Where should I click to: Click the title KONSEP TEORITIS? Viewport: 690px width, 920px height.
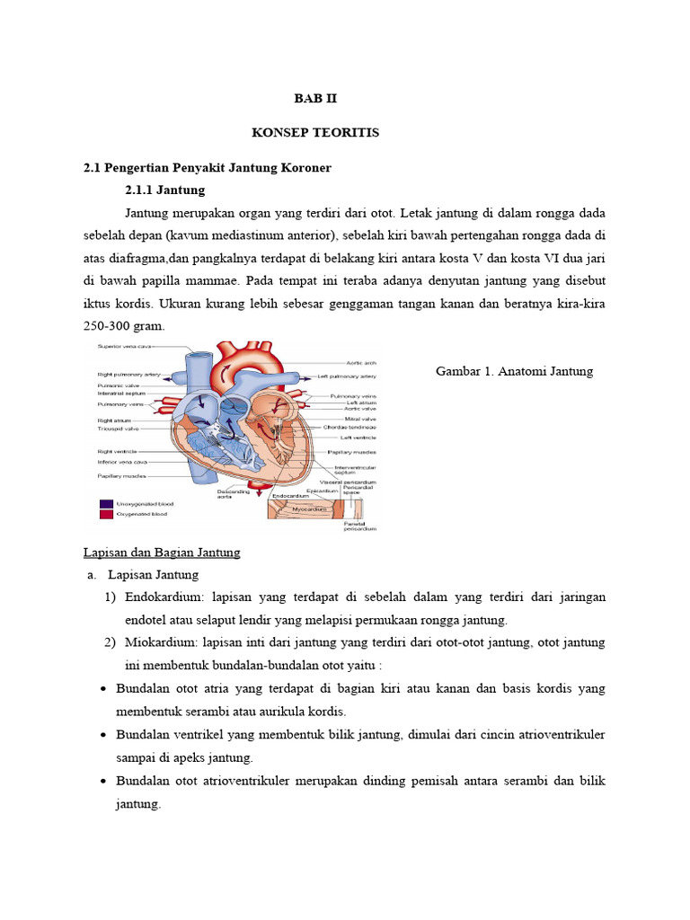click(x=315, y=133)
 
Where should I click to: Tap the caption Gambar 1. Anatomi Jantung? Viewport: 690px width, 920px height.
click(x=514, y=371)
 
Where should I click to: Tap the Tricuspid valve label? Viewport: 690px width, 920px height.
click(x=119, y=429)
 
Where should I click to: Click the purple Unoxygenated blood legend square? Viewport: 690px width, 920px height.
click(x=106, y=504)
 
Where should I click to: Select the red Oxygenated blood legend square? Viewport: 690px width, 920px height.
click(x=106, y=515)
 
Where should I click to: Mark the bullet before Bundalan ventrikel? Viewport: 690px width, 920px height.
click(x=105, y=735)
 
